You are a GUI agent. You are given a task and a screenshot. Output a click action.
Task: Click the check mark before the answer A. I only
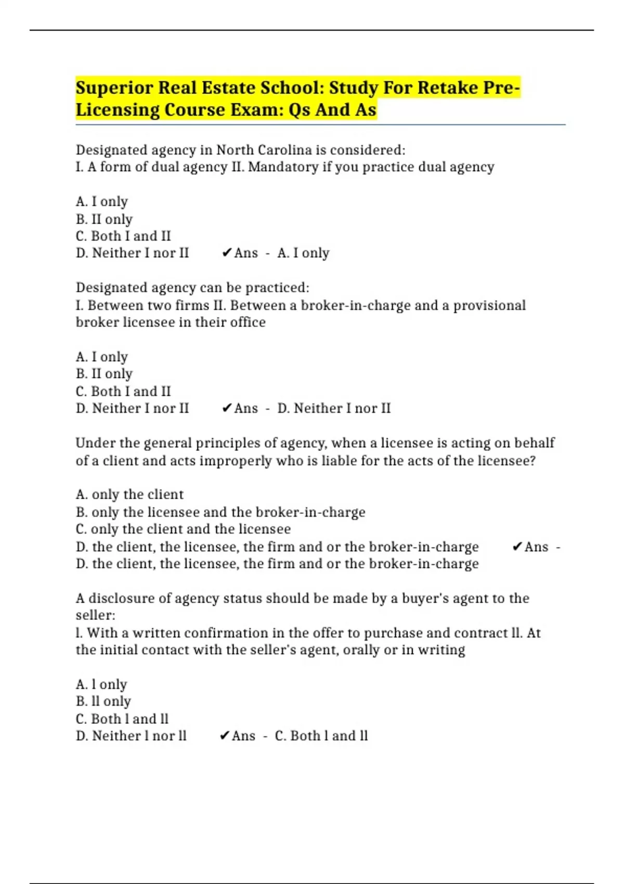226,253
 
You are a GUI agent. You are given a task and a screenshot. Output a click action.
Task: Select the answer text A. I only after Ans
303,253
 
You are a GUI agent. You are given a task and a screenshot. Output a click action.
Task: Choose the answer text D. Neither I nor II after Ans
333,408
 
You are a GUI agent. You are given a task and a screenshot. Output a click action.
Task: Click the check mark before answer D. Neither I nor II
226,408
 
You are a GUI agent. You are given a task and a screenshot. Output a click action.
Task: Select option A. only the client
129,494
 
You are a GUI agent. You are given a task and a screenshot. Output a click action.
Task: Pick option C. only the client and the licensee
183,529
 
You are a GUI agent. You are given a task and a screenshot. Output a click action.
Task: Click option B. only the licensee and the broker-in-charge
220,512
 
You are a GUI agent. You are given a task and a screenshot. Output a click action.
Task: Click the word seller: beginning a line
96,615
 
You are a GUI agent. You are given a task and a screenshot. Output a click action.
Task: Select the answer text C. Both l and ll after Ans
321,736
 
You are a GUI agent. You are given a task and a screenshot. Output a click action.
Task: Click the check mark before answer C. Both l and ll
225,736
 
